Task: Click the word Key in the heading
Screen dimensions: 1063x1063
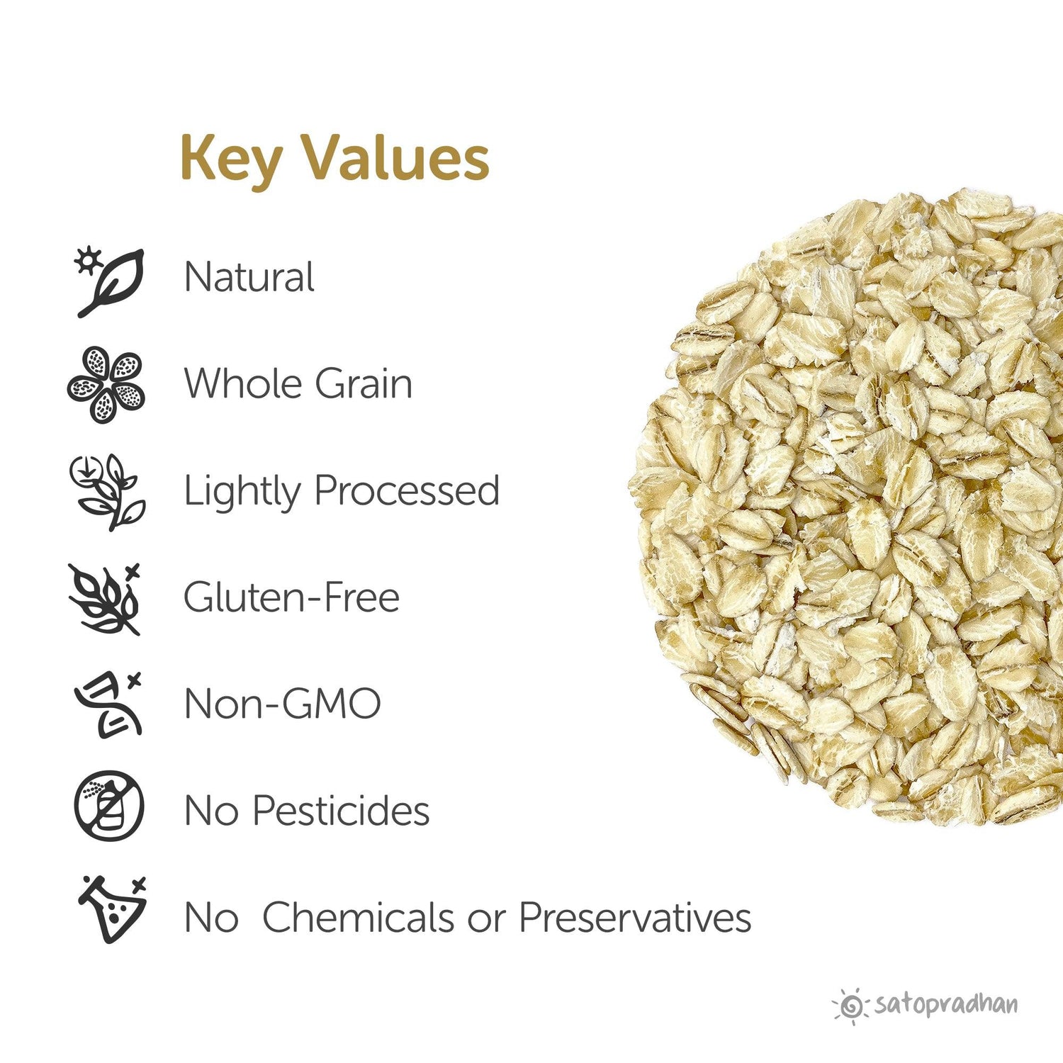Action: coord(230,159)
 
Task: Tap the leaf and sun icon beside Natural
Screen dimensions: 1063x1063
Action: coord(110,281)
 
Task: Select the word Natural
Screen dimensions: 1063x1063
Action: coord(249,277)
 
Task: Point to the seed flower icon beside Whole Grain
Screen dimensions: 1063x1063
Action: coord(107,385)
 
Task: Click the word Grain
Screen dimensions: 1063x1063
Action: coord(363,384)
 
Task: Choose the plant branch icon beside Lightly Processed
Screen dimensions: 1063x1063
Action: coord(108,491)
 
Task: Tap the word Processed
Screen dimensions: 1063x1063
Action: coord(407,491)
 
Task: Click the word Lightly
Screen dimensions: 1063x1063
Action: coord(242,491)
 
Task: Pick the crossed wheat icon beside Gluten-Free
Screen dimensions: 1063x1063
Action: coord(106,599)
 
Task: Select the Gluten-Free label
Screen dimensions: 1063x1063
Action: coord(291,597)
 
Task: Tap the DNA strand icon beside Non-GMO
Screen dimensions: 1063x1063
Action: coord(108,704)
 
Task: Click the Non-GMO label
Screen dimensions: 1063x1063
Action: coord(282,704)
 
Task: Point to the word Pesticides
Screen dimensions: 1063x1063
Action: coord(341,810)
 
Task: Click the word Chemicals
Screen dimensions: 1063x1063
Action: coord(358,917)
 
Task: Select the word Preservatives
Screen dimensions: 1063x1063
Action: coord(635,917)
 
